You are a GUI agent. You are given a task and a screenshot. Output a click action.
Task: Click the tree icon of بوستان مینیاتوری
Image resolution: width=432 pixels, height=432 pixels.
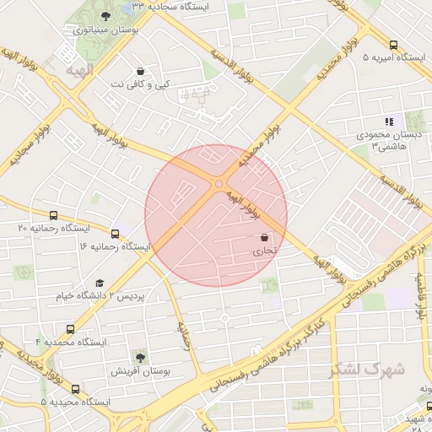point(105,16)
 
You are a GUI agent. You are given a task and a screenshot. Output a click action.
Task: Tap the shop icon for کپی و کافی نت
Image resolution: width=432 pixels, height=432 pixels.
point(140,71)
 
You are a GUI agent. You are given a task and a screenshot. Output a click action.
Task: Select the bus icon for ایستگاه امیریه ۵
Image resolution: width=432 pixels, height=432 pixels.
point(394,45)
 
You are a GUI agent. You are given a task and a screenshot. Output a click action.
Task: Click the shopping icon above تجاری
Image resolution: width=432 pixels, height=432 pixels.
point(265,238)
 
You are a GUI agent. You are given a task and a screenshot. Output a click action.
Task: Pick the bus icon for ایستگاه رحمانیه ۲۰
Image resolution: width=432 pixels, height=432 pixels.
point(54,215)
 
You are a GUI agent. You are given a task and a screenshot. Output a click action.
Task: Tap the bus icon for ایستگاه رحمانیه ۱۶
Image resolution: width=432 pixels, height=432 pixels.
point(115,232)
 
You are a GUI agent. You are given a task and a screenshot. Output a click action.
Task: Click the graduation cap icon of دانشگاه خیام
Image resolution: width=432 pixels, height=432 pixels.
point(100,283)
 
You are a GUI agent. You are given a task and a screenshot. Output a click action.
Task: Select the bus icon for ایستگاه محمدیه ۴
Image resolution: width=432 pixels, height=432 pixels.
point(70,329)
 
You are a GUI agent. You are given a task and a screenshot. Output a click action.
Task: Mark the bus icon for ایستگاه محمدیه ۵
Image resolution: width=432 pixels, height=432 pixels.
point(76,389)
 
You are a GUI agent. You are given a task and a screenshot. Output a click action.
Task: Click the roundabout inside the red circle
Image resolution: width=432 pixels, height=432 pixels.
point(219,183)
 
